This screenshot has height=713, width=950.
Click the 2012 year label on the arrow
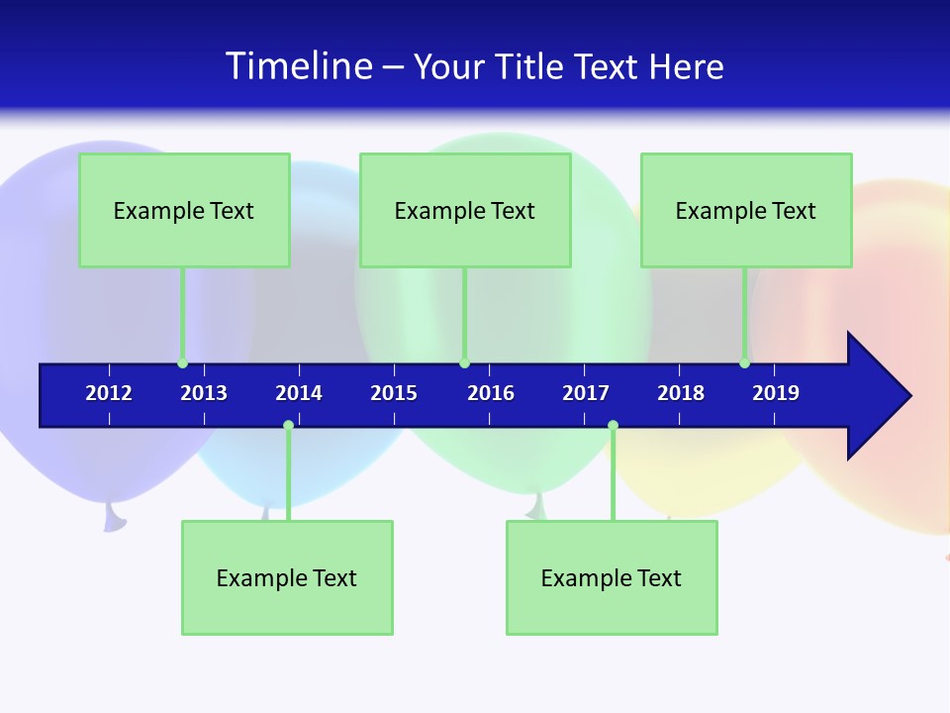click(109, 393)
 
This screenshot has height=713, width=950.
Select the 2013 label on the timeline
click(204, 393)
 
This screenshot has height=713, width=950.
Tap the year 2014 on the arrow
click(299, 393)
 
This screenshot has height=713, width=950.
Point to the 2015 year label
click(394, 393)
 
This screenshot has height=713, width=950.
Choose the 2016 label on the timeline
click(491, 393)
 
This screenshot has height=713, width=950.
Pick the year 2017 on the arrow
click(586, 393)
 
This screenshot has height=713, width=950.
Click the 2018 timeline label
click(681, 393)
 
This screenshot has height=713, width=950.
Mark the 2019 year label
click(776, 393)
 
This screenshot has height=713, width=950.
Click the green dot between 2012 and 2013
click(182, 362)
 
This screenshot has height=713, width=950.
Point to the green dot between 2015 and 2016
click(464, 362)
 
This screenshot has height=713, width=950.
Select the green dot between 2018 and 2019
click(744, 362)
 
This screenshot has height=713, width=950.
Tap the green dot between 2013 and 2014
click(288, 426)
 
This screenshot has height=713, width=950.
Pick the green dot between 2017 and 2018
click(613, 426)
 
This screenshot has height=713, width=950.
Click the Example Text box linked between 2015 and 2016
click(465, 210)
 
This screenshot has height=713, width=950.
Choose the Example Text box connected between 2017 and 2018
click(612, 577)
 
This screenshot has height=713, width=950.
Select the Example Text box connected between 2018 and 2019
click(746, 210)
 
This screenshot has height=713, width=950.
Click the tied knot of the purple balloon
click(114, 517)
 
